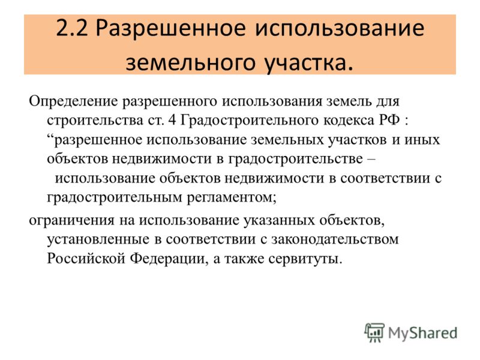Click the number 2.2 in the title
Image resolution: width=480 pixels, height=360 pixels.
click(x=72, y=28)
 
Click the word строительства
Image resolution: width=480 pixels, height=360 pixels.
click(x=95, y=121)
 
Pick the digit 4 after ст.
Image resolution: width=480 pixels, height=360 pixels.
click(x=172, y=119)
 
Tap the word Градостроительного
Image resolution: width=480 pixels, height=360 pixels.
click(x=250, y=121)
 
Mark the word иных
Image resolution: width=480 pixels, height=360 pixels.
click(x=422, y=140)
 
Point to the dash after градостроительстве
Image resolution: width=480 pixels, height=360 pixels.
click(x=371, y=159)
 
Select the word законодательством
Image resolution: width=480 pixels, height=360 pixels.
click(x=335, y=239)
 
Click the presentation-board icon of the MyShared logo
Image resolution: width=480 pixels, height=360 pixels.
click(x=374, y=332)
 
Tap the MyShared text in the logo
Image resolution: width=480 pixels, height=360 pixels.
click(x=423, y=334)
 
